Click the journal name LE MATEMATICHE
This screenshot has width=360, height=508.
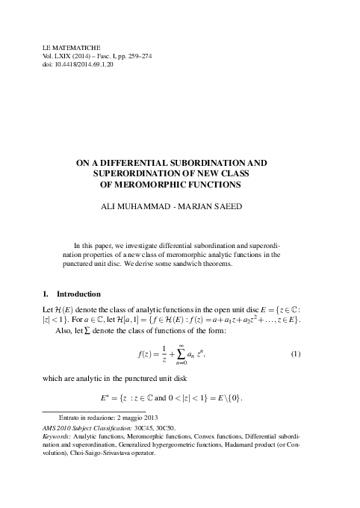tap(73, 47)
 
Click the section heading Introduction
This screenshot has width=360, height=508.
tap(78, 294)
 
